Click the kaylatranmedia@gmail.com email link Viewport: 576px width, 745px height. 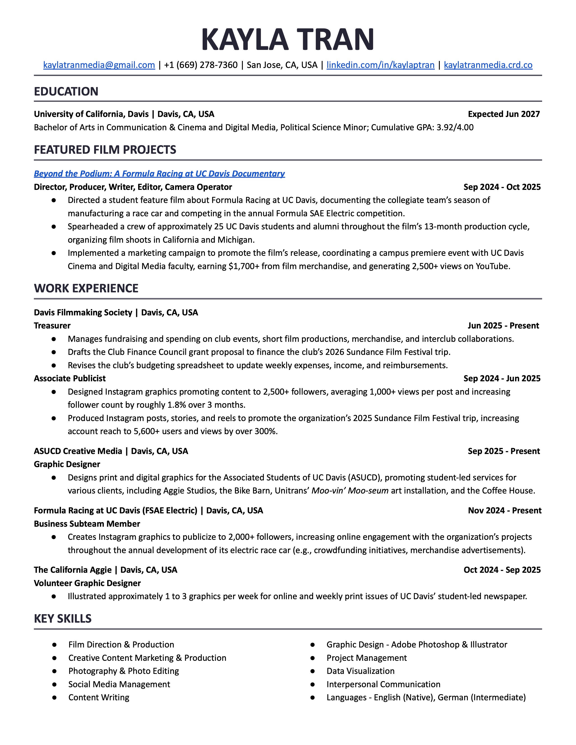[x=99, y=65]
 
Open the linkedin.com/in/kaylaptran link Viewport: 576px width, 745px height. [x=380, y=65]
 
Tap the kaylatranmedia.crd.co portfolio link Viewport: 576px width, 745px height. [x=488, y=65]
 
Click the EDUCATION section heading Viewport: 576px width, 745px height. [x=66, y=91]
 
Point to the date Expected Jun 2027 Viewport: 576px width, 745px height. [x=504, y=114]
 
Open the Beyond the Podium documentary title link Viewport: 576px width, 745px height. [x=159, y=174]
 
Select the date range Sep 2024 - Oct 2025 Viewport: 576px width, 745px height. [x=502, y=187]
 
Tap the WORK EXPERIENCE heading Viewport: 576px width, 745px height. [x=86, y=288]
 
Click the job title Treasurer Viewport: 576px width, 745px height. [x=52, y=325]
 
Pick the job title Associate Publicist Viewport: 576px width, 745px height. [x=70, y=378]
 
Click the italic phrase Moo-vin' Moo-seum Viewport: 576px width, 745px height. [x=350, y=491]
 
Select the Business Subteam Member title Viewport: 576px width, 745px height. [x=87, y=524]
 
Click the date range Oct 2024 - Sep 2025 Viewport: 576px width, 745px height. [x=502, y=570]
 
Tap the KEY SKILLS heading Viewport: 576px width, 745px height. [x=63, y=618]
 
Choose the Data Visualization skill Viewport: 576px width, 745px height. [x=360, y=671]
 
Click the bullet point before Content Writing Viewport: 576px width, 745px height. [x=54, y=697]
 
